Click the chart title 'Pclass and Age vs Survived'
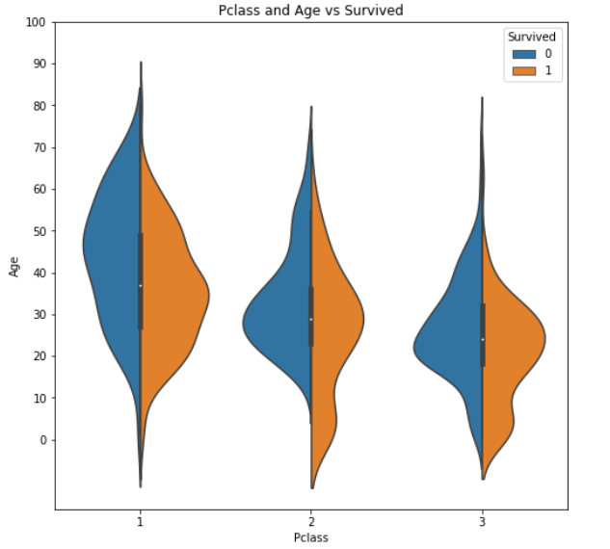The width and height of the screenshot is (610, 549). pos(311,11)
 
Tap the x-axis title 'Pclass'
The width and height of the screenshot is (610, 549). pos(311,537)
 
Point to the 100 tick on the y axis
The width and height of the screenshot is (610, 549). pos(40,22)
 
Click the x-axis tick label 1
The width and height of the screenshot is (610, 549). pos(141,521)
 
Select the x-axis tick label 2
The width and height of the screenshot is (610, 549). pos(311,521)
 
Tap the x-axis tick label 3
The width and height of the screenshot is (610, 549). pos(483,521)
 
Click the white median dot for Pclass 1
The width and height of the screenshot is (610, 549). pos(141,285)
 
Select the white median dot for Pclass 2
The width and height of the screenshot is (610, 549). pos(311,319)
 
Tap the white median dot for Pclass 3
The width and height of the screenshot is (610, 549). pos(483,339)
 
